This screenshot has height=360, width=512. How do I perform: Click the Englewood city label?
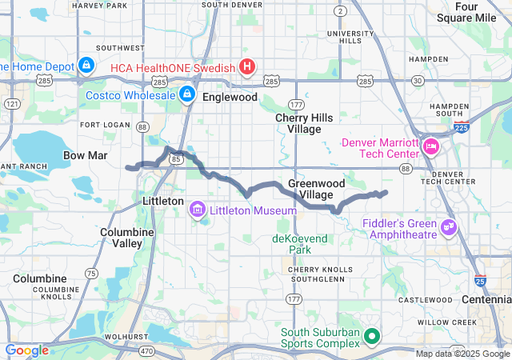point(230,97)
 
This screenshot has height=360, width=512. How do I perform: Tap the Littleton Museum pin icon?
point(196,210)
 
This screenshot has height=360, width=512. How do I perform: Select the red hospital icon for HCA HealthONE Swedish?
point(247,67)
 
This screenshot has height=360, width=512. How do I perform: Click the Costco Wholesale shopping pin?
point(186,95)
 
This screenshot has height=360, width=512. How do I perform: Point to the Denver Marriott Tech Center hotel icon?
point(431,146)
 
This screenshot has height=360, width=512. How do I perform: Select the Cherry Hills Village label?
point(298,123)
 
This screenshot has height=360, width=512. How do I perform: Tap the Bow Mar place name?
point(85,154)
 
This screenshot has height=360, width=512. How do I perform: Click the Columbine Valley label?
point(122,237)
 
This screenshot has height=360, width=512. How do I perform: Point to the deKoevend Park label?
point(301,244)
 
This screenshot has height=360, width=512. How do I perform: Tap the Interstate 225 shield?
point(458,126)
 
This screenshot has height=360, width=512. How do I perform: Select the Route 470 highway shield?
point(147,350)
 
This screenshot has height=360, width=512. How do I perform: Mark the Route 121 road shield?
point(12,104)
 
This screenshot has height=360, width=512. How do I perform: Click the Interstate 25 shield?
point(479,281)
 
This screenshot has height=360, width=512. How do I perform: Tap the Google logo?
point(26,350)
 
